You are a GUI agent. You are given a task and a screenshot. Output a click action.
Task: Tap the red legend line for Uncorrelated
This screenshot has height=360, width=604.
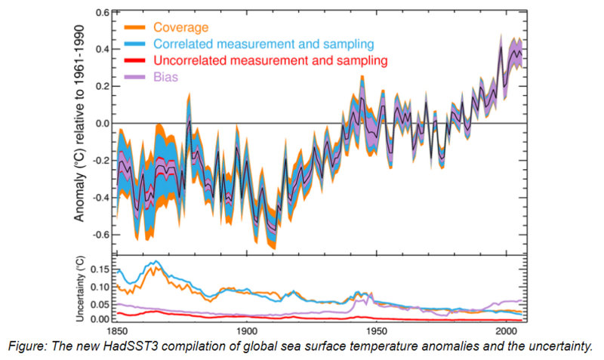point(137,60)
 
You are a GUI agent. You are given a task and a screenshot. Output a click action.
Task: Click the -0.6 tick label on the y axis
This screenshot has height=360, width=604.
point(98,235)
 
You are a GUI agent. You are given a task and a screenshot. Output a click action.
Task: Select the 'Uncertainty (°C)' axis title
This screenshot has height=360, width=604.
point(79,290)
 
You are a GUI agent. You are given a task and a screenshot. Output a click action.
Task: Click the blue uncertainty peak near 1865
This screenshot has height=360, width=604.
point(156,261)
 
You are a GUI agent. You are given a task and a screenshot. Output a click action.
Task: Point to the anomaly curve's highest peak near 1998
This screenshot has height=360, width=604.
point(501,47)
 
